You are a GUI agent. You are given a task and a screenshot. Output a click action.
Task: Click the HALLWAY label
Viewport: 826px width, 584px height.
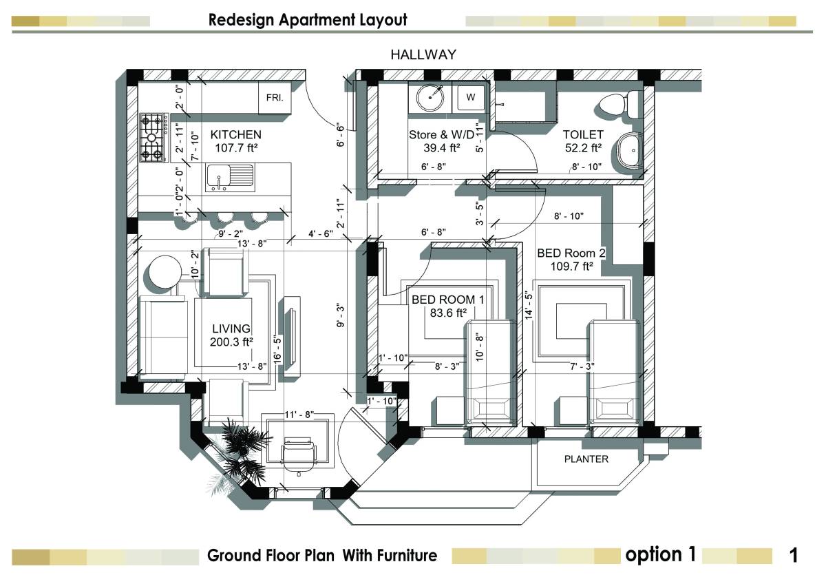tap(423, 54)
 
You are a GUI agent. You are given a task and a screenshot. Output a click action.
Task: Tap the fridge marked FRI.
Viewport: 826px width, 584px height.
tap(275, 98)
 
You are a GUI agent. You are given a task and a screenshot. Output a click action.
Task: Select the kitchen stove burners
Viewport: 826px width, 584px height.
tap(154, 136)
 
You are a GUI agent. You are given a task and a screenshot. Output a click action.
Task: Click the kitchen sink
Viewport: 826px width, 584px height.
tap(229, 178)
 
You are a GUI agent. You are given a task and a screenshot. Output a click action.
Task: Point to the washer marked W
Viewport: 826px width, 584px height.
tap(471, 97)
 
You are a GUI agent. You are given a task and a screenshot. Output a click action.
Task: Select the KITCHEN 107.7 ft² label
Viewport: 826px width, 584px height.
tap(235, 140)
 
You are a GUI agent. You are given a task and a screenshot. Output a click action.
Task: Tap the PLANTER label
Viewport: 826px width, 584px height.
tap(586, 459)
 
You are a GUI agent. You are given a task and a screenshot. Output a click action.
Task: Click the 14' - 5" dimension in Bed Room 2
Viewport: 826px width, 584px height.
tap(528, 304)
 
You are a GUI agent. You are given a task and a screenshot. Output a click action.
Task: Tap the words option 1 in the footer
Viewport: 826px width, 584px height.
tap(660, 554)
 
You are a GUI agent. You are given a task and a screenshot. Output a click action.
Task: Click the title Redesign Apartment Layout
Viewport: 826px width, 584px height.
tap(308, 20)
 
